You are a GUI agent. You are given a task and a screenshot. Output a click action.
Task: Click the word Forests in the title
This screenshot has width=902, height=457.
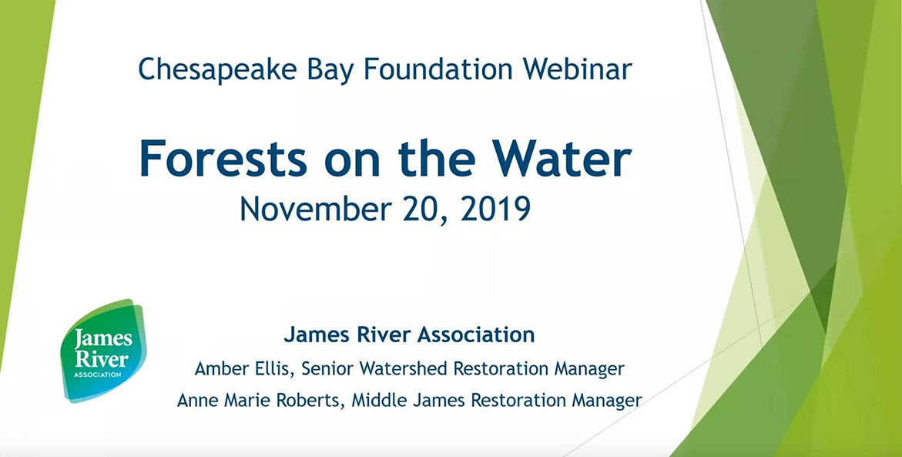[223, 160]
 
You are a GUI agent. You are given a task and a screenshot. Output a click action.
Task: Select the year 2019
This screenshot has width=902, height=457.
[495, 210]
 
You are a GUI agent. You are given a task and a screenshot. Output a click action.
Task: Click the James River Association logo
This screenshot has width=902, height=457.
[103, 349]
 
